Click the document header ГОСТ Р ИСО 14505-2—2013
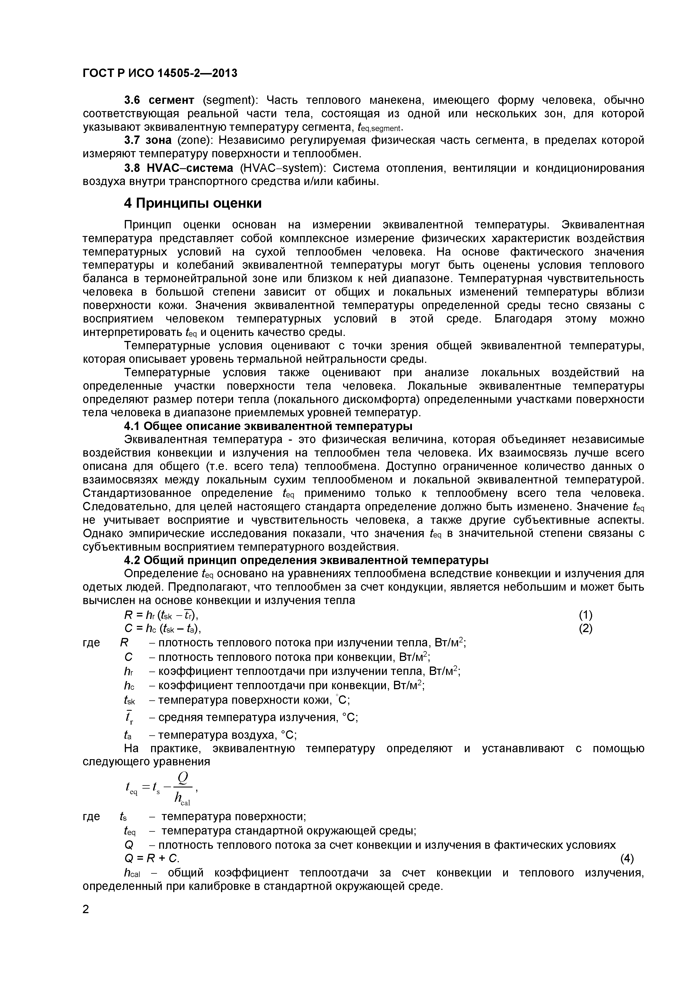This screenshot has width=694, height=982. (x=160, y=74)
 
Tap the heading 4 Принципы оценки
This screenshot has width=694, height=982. (x=193, y=203)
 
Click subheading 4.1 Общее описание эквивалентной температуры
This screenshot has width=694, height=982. (x=268, y=426)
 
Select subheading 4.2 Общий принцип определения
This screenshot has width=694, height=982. (x=306, y=560)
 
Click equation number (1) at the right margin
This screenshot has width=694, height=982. (x=585, y=615)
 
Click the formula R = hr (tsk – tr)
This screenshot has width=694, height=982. (x=161, y=615)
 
